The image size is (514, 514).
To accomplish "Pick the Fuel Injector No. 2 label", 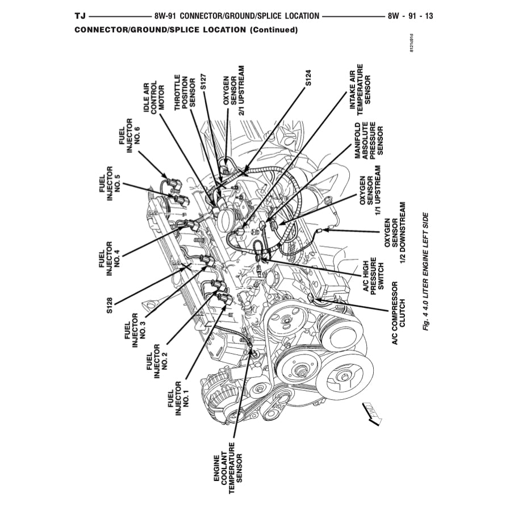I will click(157, 362).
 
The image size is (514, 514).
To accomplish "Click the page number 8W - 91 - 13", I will click(410, 16).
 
